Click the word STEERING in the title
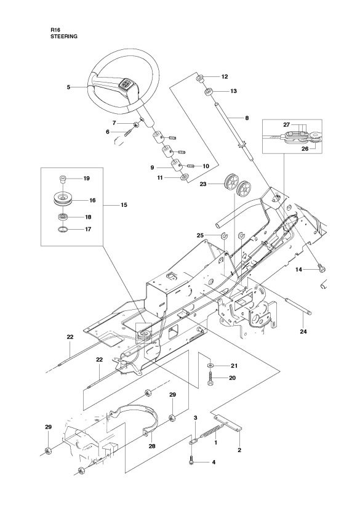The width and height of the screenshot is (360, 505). point(65,36)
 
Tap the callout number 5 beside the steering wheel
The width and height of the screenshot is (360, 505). point(68,87)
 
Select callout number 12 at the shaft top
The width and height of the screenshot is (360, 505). point(225,77)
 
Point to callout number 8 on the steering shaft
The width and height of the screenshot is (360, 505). point(230,117)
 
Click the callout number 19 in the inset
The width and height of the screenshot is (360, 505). point(86,179)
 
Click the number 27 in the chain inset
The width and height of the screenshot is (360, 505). point(286,124)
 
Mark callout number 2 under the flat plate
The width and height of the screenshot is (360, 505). point(239,450)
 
